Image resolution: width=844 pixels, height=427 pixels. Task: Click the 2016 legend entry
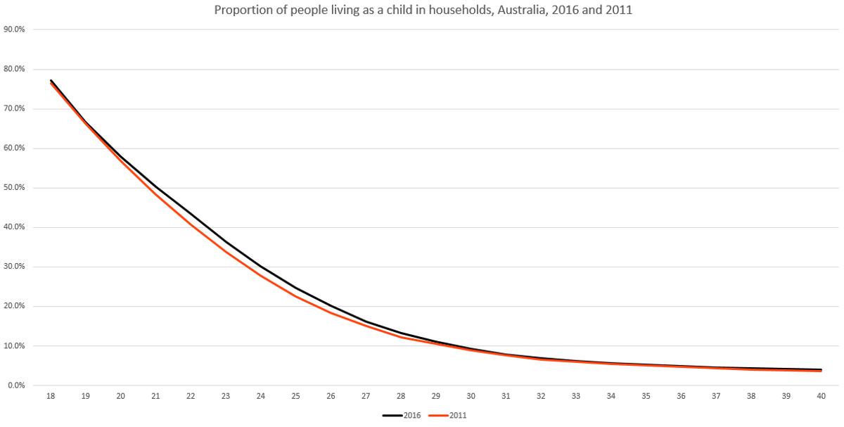coord(402,415)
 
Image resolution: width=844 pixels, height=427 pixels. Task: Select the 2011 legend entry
coord(447,415)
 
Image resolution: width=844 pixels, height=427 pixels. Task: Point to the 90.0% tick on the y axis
coord(14,30)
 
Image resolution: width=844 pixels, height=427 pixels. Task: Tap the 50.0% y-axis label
coord(14,188)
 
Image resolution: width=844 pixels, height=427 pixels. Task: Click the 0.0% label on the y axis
coord(16,385)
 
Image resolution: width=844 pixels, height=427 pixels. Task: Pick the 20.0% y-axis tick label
coord(14,306)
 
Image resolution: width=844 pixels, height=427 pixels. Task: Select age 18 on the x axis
coord(51,396)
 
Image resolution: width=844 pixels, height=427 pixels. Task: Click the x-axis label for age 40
coord(821,396)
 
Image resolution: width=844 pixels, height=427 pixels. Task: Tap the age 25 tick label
coord(296,396)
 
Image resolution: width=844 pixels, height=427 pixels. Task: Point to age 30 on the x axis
coord(471,396)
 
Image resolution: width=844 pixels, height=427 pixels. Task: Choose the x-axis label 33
coord(576,396)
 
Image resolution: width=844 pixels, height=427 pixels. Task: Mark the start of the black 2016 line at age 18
coord(51,80)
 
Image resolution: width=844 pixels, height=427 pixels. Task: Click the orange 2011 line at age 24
coord(261,276)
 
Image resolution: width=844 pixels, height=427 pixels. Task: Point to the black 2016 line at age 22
coord(191,215)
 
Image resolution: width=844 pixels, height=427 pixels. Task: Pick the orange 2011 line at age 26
coord(331,313)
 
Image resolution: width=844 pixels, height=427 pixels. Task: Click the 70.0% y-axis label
coord(14,108)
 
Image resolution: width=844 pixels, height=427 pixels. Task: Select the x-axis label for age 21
coord(155,396)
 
